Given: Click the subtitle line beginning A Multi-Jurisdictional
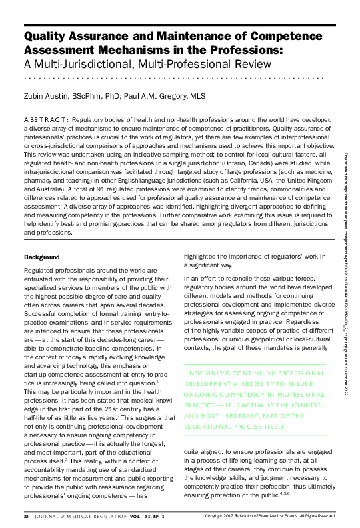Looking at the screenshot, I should coord(147,65).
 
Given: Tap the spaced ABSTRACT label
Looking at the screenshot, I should coord(47,119).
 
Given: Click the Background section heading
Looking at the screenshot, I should coord(42,239).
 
